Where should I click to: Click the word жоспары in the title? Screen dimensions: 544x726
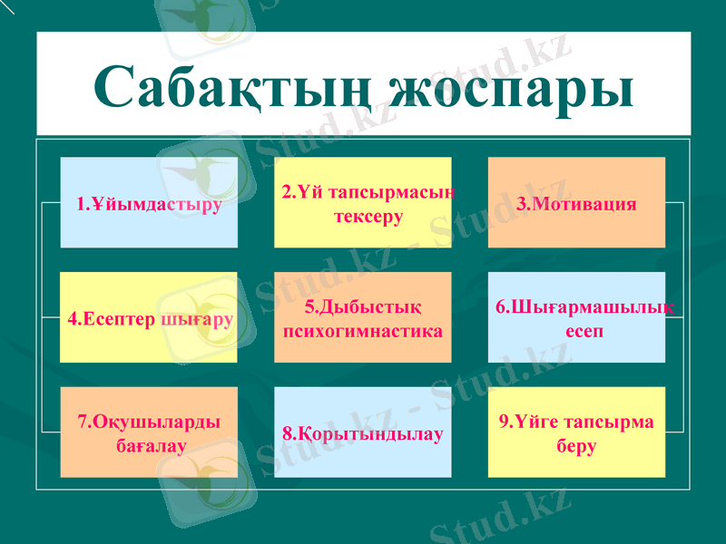coord(510,88)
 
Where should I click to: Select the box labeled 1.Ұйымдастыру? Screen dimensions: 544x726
coord(149,202)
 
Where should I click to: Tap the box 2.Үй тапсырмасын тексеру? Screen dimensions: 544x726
coord(363,202)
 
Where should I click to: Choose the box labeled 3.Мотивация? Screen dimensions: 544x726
coord(576,202)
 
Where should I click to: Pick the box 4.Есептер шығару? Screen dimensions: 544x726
coord(149,317)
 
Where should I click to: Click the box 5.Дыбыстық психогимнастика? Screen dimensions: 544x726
coord(363,317)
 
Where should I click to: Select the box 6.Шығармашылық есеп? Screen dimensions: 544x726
coord(576,317)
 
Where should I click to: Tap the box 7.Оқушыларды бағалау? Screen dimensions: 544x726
coord(149,432)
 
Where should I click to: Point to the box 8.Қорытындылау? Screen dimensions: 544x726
coord(363,432)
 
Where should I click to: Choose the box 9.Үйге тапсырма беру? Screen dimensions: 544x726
coord(576,432)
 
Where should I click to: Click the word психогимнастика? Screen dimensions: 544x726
coord(363,330)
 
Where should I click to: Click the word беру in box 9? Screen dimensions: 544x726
coord(576,446)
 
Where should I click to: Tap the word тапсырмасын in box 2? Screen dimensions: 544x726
coord(390,192)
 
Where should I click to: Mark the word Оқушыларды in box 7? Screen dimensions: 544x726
coord(156,422)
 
